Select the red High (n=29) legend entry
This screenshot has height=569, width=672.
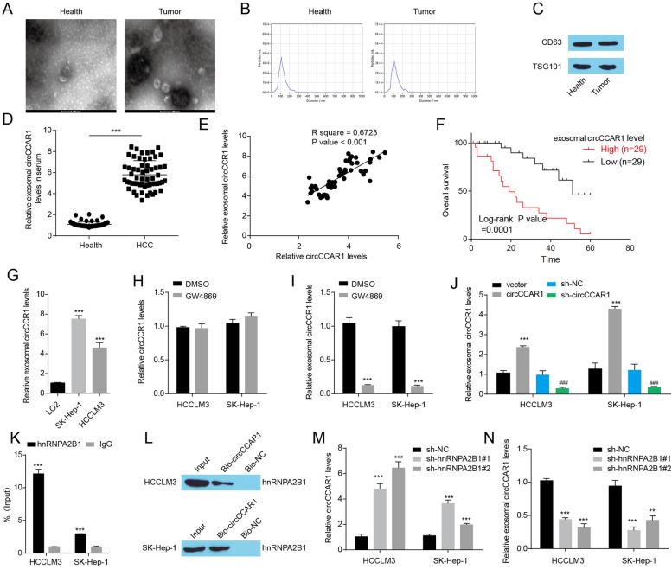pos(605,149)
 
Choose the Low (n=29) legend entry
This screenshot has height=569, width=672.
pos(605,162)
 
